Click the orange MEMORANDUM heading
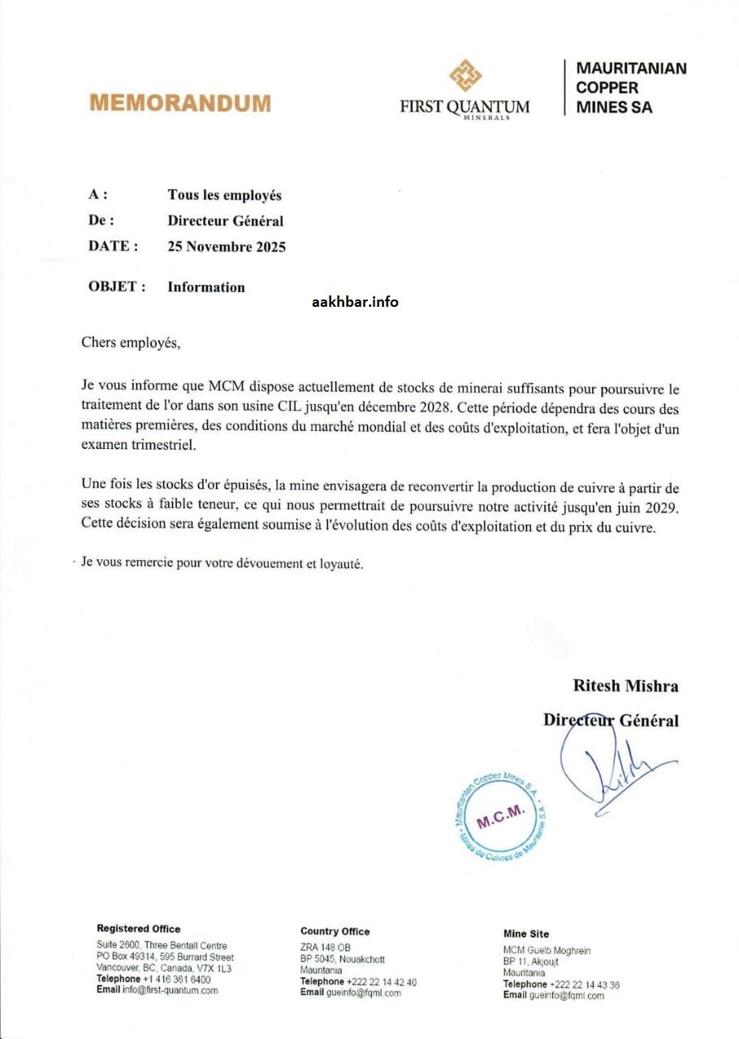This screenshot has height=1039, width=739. [180, 103]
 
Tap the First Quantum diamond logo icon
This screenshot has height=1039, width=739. [465, 76]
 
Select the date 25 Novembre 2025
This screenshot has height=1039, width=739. [227, 247]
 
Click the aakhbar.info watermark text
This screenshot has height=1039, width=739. [355, 302]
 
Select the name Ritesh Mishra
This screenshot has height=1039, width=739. [625, 685]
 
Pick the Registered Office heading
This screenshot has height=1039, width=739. [139, 929]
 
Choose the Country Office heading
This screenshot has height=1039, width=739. [335, 931]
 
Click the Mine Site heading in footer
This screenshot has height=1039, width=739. [526, 933]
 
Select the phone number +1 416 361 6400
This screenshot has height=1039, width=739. [176, 980]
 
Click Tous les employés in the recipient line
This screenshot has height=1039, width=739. [225, 195]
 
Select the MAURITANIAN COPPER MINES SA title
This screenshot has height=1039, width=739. [630, 88]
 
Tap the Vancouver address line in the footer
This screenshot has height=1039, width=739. [163, 968]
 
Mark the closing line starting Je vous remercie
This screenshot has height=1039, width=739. [222, 564]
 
